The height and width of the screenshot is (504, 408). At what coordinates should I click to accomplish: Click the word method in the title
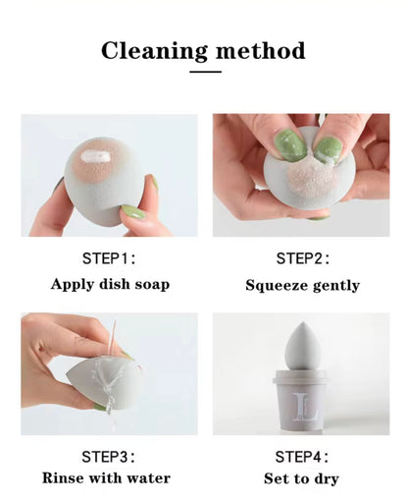(258, 50)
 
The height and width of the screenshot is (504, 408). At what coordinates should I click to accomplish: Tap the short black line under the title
(204, 72)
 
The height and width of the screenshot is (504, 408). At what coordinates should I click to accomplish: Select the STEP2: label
(302, 258)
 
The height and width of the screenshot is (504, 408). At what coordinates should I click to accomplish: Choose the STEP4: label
(302, 456)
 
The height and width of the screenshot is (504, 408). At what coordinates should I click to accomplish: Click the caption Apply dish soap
(110, 285)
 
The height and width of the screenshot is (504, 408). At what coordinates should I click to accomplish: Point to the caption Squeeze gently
(302, 286)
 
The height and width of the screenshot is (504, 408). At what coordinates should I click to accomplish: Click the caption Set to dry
(302, 478)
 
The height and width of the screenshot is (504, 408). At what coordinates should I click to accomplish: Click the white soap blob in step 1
(99, 155)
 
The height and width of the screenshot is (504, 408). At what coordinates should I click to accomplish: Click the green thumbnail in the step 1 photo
(133, 212)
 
